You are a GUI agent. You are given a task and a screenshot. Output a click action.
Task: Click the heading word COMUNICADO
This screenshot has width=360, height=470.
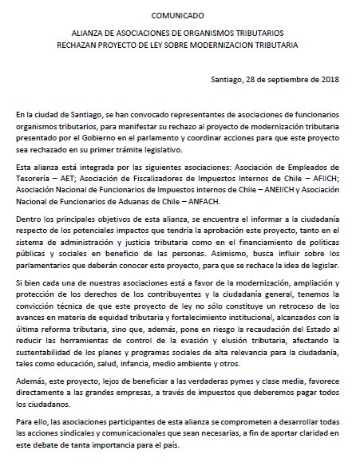[179, 14]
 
